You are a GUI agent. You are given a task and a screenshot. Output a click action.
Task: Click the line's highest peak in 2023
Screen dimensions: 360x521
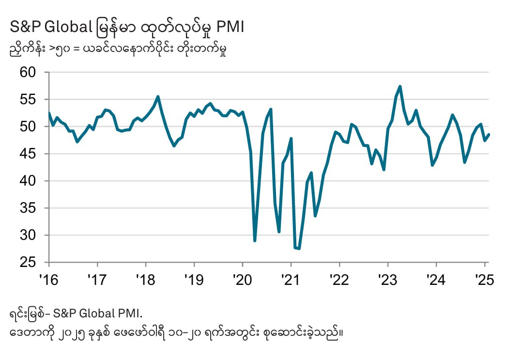[400, 87]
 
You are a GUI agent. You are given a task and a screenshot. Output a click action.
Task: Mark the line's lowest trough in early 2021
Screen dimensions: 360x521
[299, 249]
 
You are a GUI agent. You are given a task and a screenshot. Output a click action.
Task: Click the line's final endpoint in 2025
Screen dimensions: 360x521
[489, 135]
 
